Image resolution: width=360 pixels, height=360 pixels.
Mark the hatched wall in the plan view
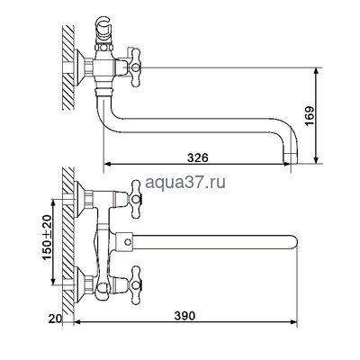pos(66,238)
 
